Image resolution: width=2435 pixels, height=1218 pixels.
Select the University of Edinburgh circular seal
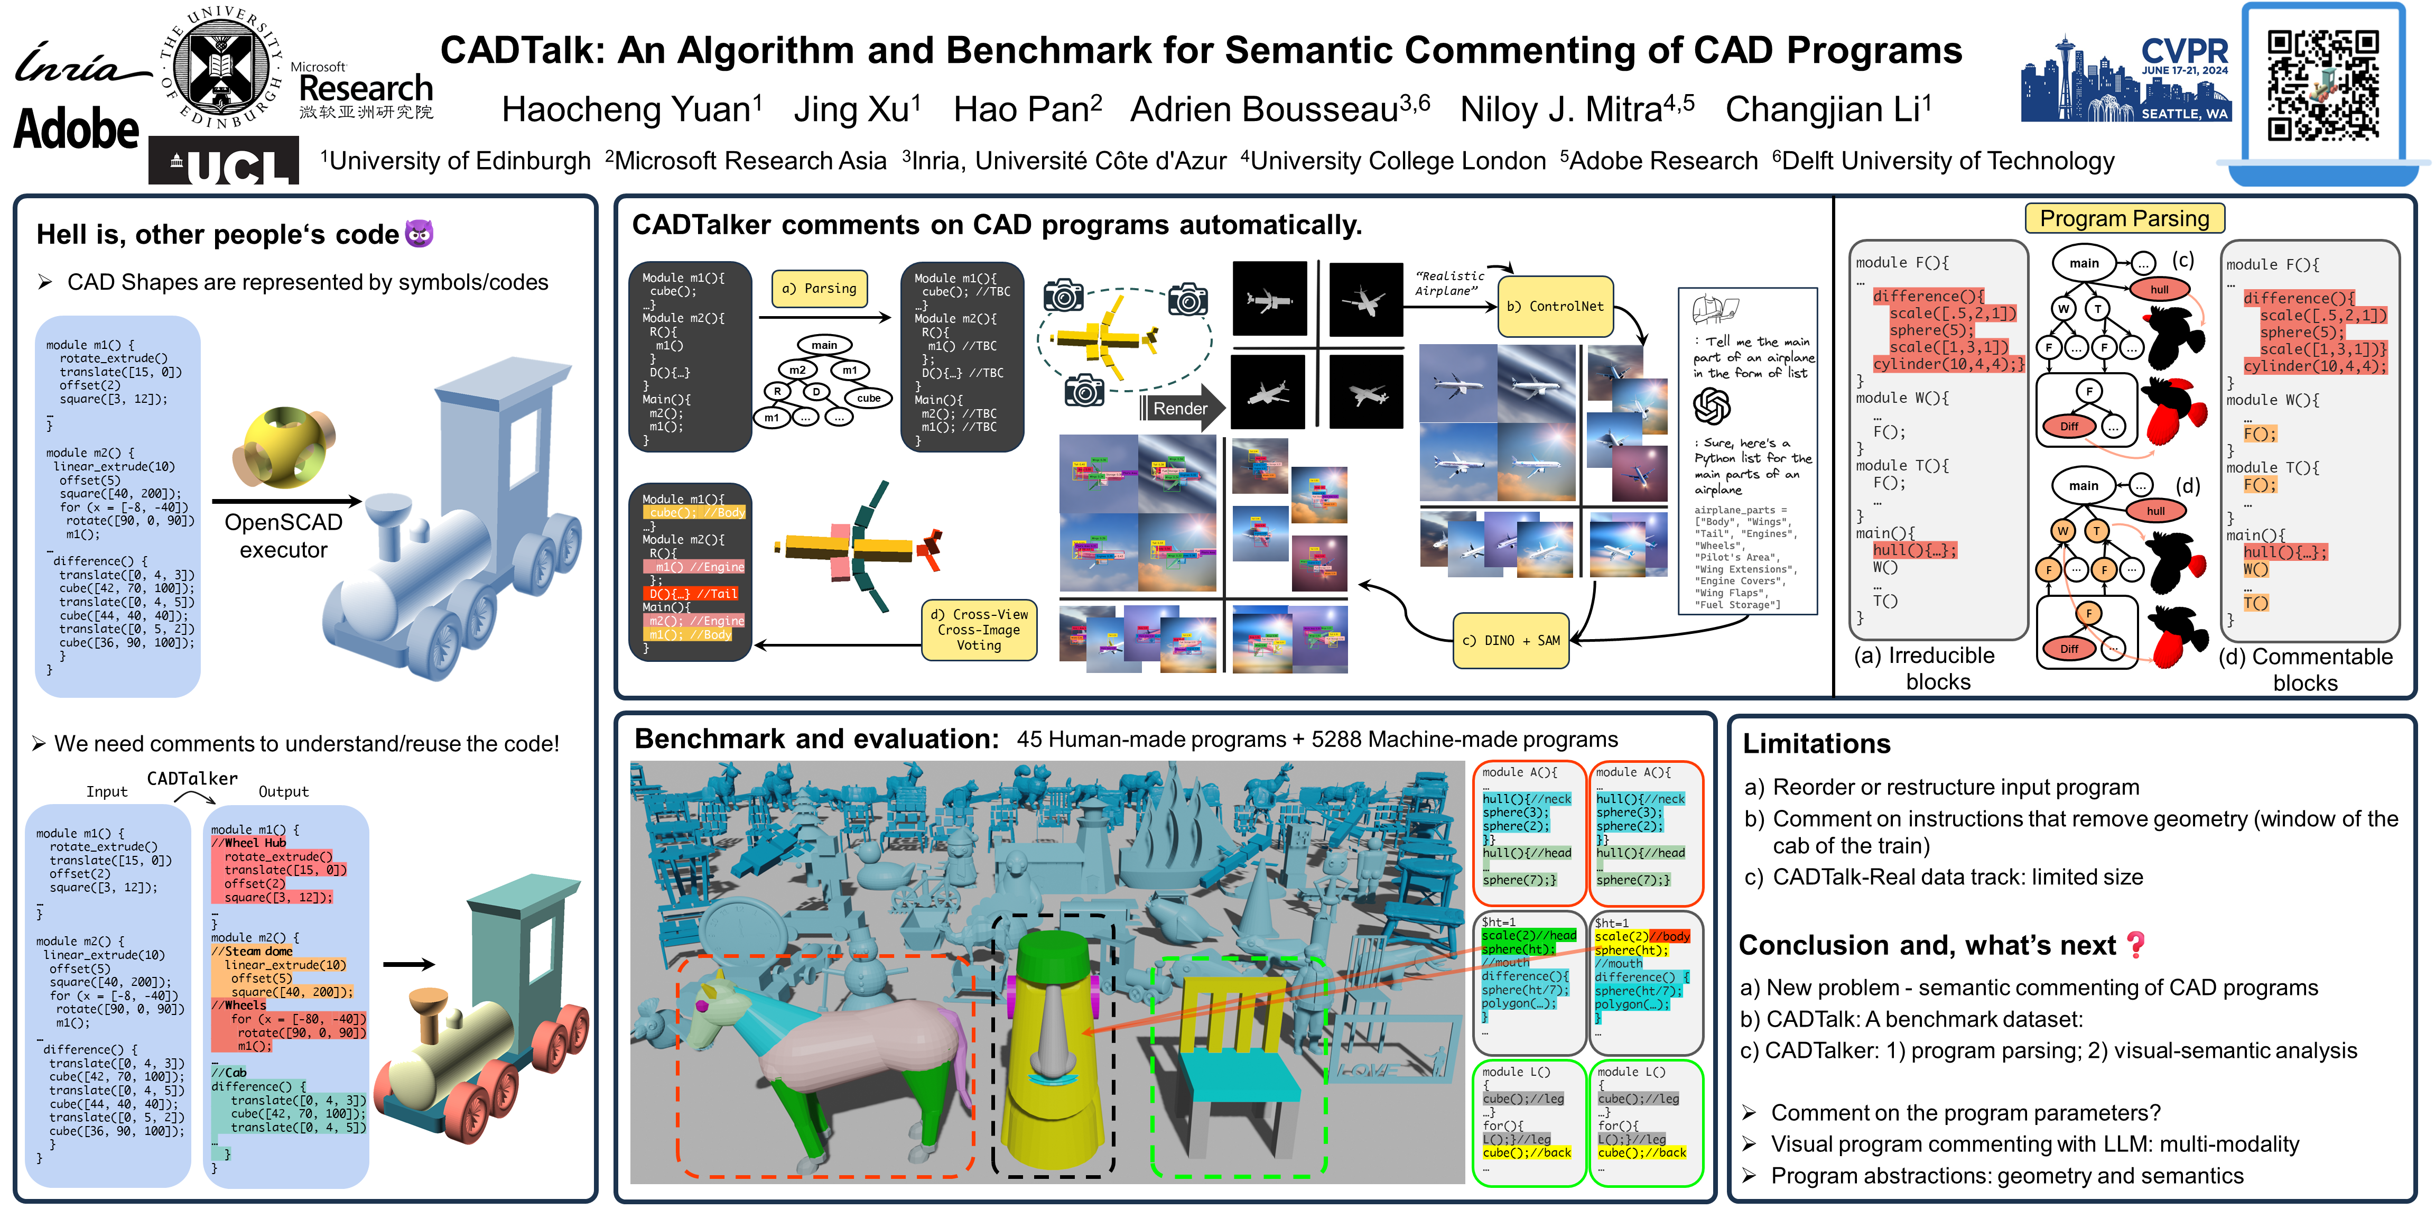221,66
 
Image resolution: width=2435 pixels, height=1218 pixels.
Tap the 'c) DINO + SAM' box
1510,640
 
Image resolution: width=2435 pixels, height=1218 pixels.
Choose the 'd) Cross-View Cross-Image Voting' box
978,630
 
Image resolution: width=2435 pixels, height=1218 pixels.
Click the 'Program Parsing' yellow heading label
2124,218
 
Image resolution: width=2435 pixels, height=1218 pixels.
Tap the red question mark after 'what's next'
2134,945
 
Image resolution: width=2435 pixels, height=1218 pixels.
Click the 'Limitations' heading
1816,744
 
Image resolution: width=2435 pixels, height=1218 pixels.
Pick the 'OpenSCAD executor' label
284,536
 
